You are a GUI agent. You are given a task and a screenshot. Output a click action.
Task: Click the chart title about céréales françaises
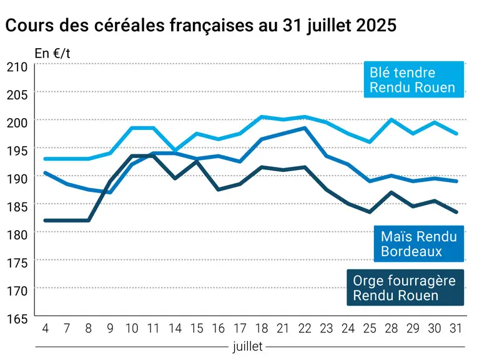(x=201, y=25)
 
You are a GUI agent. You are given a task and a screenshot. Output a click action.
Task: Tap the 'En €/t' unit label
(x=52, y=54)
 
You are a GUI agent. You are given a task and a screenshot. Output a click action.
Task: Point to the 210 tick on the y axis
(x=17, y=67)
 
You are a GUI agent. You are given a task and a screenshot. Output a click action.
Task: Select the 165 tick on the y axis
(x=17, y=319)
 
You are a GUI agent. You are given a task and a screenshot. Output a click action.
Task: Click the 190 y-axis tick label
(x=17, y=179)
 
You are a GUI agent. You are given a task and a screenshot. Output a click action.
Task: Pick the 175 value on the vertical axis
(x=17, y=262)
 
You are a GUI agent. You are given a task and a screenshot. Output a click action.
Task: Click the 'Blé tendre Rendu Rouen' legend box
(x=414, y=80)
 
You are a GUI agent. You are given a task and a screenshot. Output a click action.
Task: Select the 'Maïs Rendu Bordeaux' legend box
(x=419, y=244)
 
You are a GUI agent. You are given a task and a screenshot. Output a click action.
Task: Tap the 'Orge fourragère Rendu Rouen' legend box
(x=405, y=287)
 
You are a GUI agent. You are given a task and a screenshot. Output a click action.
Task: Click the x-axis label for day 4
(x=45, y=328)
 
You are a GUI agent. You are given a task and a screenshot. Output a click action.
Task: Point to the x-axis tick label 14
(x=175, y=328)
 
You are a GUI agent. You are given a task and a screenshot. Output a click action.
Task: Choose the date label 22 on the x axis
(x=305, y=328)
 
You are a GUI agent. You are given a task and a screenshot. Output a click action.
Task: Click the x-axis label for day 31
(x=456, y=328)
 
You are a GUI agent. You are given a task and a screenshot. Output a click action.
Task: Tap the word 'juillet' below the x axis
(x=248, y=347)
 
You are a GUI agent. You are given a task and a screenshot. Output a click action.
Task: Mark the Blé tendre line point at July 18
(x=262, y=117)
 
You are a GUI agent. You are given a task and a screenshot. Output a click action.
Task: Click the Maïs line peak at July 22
(x=305, y=127)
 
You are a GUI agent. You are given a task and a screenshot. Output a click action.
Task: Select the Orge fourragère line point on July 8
(x=89, y=221)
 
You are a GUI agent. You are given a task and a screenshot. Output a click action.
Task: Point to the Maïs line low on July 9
(x=110, y=192)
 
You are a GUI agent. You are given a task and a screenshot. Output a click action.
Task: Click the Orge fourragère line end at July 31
(x=456, y=212)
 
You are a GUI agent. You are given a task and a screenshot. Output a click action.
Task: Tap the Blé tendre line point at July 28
(x=391, y=119)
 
